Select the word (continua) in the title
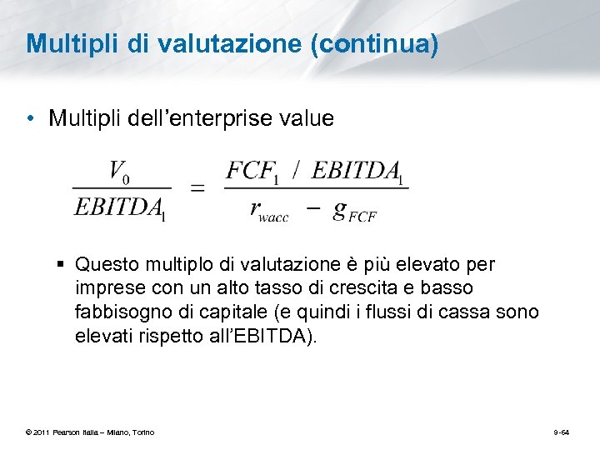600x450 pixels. (x=373, y=43)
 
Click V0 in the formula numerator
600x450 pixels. (x=119, y=173)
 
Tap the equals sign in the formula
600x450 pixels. (x=197, y=189)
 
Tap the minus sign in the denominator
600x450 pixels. (x=313, y=209)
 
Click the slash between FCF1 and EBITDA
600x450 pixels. (x=297, y=171)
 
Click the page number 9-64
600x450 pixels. (x=562, y=432)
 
